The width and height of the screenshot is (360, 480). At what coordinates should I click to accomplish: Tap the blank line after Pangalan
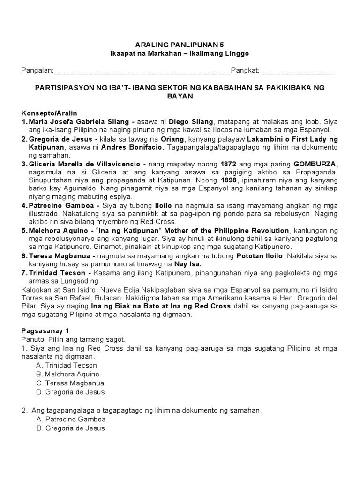click(142, 71)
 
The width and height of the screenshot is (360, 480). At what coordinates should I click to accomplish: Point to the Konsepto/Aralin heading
click(49, 113)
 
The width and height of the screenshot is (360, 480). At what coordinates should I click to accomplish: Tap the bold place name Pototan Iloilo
click(259, 256)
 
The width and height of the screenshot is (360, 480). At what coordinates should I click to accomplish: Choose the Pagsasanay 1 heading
click(45, 330)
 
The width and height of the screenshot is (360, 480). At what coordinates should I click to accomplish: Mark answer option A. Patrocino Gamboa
click(71, 419)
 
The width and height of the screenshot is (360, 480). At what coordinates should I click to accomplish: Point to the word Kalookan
click(36, 289)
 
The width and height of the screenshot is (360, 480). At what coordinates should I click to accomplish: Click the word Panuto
click(32, 339)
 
